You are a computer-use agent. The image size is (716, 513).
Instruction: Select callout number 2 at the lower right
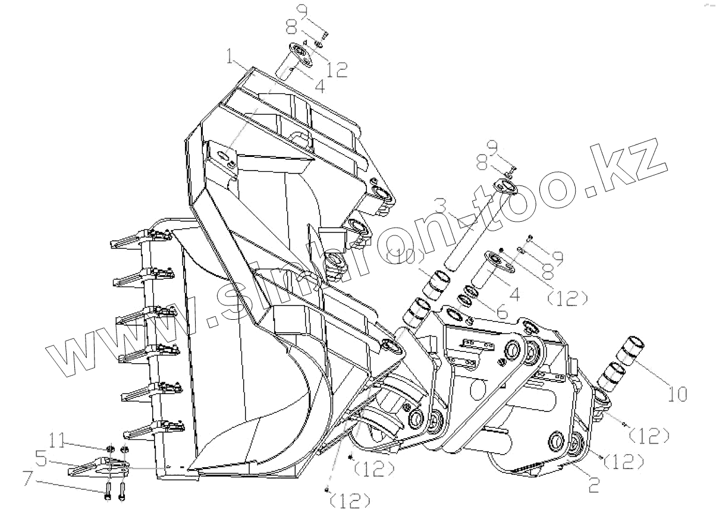593,484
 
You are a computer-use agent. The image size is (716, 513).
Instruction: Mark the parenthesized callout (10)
405,257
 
